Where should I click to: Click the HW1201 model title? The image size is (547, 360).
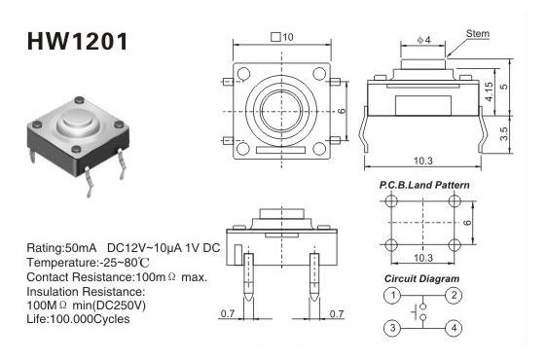pyautogui.click(x=78, y=42)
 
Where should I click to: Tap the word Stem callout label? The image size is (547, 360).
pyautogui.click(x=478, y=34)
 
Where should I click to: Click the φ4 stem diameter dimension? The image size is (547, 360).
pyautogui.click(x=423, y=40)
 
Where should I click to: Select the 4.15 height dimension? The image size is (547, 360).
pyautogui.click(x=490, y=91)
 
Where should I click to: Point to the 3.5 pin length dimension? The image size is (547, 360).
pyautogui.click(x=504, y=133)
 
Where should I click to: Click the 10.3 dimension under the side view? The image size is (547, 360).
pyautogui.click(x=422, y=161)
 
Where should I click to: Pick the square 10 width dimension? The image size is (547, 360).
pyautogui.click(x=282, y=37)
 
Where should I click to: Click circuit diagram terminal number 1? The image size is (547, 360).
pyautogui.click(x=393, y=295)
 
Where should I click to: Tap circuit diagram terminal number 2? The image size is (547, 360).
pyautogui.click(x=454, y=295)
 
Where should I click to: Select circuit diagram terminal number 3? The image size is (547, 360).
pyautogui.click(x=393, y=328)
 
